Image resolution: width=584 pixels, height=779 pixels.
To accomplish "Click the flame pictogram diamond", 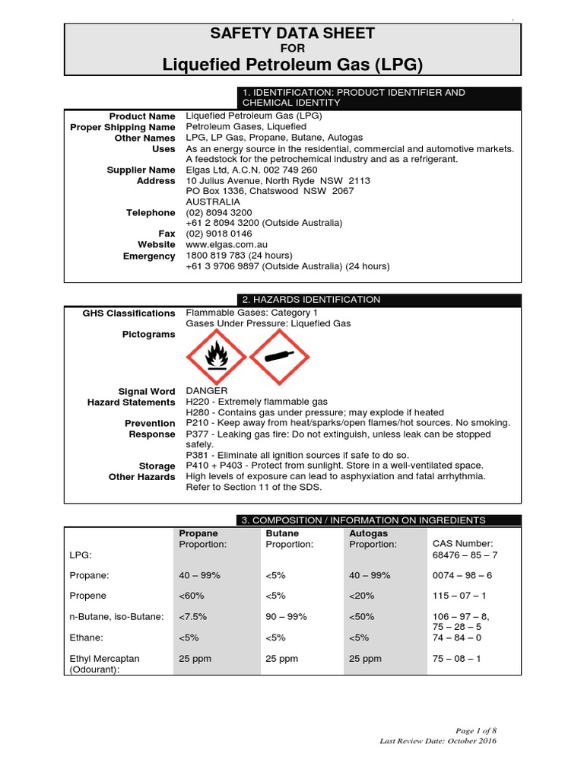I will (x=216, y=356).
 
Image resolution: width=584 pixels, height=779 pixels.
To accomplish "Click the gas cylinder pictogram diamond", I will (x=279, y=356).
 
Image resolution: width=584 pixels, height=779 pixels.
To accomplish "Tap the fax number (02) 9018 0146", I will (x=219, y=234).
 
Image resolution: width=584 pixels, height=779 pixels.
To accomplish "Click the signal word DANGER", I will (x=207, y=391).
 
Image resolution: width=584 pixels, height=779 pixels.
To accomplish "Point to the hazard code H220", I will (x=198, y=402).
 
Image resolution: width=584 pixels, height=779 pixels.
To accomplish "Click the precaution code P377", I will (x=198, y=434).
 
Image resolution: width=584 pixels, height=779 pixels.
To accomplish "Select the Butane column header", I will (x=282, y=534).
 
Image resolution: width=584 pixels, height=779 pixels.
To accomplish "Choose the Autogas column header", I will (x=368, y=534).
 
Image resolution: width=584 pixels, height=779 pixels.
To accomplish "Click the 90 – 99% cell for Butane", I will (x=286, y=617).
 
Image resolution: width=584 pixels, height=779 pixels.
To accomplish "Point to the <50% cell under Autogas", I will (x=362, y=617).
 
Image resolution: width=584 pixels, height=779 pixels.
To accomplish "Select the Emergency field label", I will (x=149, y=256).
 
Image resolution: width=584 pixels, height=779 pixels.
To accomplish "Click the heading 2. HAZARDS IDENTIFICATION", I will (x=311, y=300).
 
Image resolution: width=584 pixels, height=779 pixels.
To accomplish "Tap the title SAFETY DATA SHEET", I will (x=292, y=33).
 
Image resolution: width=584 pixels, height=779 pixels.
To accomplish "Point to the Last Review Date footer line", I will (x=438, y=740).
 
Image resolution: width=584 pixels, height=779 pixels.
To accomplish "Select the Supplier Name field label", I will (x=141, y=170).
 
